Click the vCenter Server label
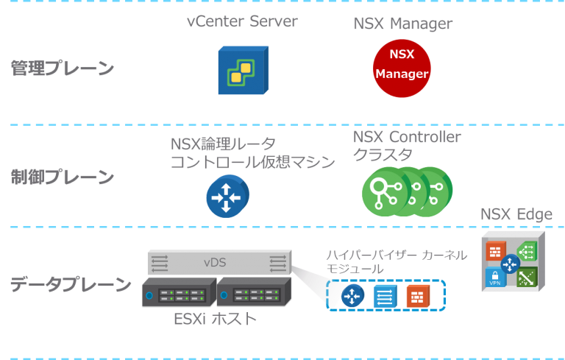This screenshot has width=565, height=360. [242, 21]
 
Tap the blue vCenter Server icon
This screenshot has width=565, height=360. [243, 70]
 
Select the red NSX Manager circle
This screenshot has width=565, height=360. [401, 68]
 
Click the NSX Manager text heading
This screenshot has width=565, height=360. [402, 24]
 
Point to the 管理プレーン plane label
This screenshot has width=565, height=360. [63, 68]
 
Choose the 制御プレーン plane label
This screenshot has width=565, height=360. [63, 177]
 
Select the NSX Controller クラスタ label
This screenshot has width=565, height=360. [407, 146]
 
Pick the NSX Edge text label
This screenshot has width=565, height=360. [516, 214]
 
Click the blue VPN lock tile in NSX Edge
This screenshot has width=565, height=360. [494, 278]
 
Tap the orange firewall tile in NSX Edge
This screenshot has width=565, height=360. [494, 251]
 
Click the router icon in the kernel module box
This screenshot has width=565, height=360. [353, 296]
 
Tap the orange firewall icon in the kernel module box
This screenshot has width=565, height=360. [417, 296]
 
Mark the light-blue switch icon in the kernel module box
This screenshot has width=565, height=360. [385, 296]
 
